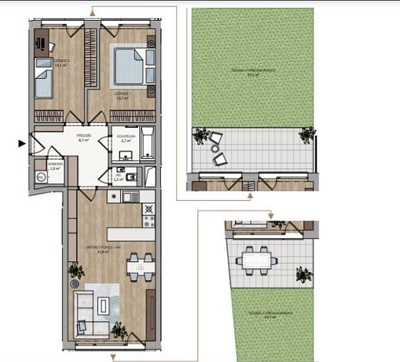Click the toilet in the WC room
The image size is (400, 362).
(x=131, y=177)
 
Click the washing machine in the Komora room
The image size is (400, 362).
(x=41, y=177)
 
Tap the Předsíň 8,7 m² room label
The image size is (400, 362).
(x=84, y=139)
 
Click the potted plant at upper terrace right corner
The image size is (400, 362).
(x=306, y=135)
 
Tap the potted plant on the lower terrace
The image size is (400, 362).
(x=303, y=273)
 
